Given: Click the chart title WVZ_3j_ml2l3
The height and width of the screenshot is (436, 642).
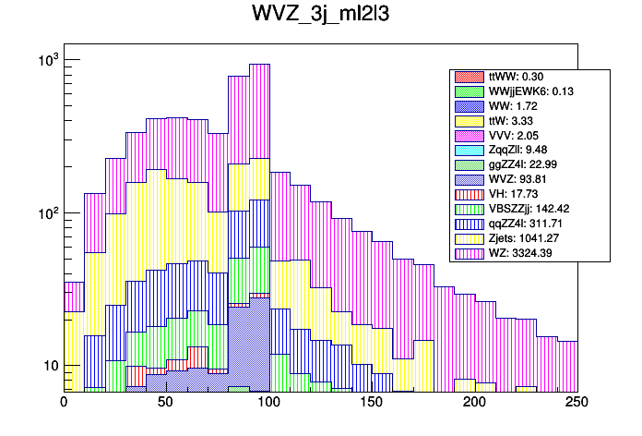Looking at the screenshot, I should pos(321,16).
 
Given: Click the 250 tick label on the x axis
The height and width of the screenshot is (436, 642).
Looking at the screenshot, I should pos(577,403).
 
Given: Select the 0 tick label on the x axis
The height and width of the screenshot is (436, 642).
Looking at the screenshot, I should pos(64,403).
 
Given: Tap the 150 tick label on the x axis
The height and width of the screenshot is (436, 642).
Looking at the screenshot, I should pos(372,403).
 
